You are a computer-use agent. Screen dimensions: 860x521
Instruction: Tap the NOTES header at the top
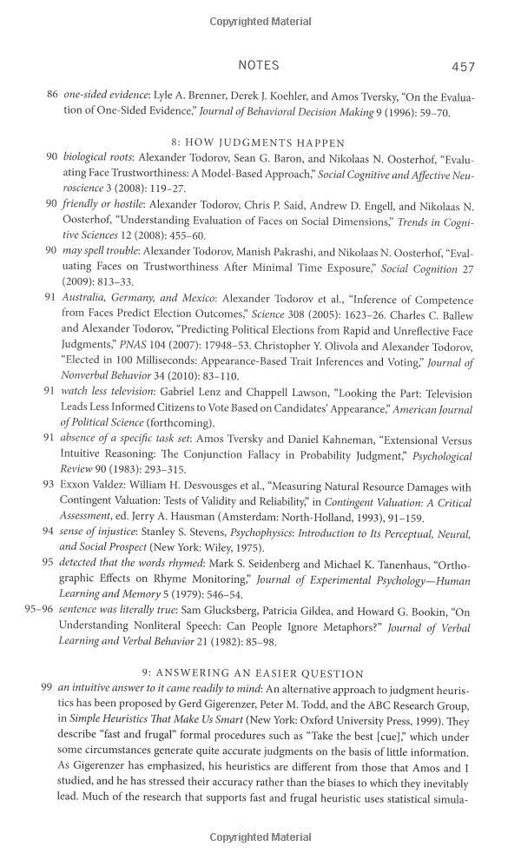coord(258,65)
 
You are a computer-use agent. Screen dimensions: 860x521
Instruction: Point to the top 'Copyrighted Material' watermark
coord(260,21)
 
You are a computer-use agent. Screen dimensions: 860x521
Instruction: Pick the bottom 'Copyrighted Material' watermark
coord(260,837)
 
